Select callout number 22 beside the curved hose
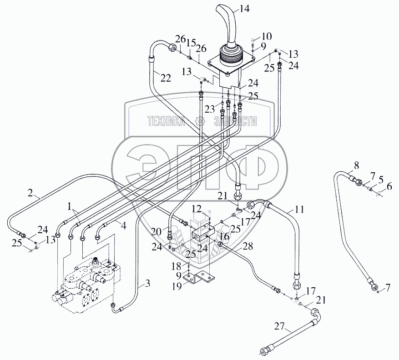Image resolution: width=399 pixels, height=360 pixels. point(166,77)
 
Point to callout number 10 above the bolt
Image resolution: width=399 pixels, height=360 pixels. point(266,36)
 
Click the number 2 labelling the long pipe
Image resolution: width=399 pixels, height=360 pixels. point(31,193)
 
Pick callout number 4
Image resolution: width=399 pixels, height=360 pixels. point(124,223)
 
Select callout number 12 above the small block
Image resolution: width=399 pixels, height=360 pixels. point(196,208)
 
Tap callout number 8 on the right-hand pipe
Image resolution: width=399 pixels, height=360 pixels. point(356,165)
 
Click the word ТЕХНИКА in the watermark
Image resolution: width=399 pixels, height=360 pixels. point(166,121)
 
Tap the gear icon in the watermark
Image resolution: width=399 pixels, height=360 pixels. point(198,121)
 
